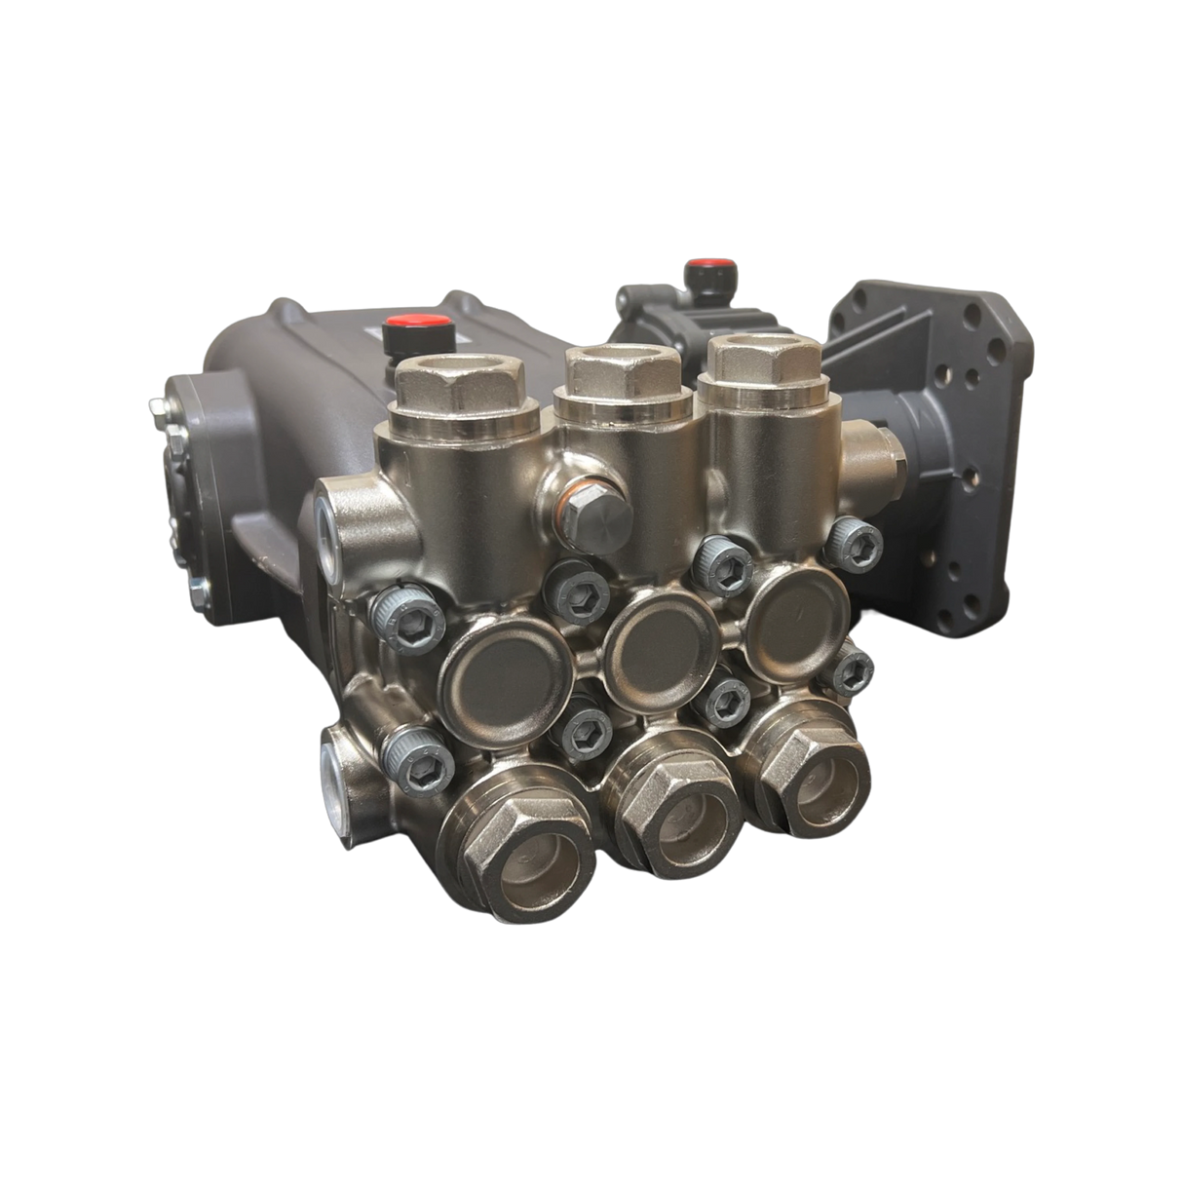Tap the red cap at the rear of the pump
tap(700, 266)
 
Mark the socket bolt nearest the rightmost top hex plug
tap(852, 537)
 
